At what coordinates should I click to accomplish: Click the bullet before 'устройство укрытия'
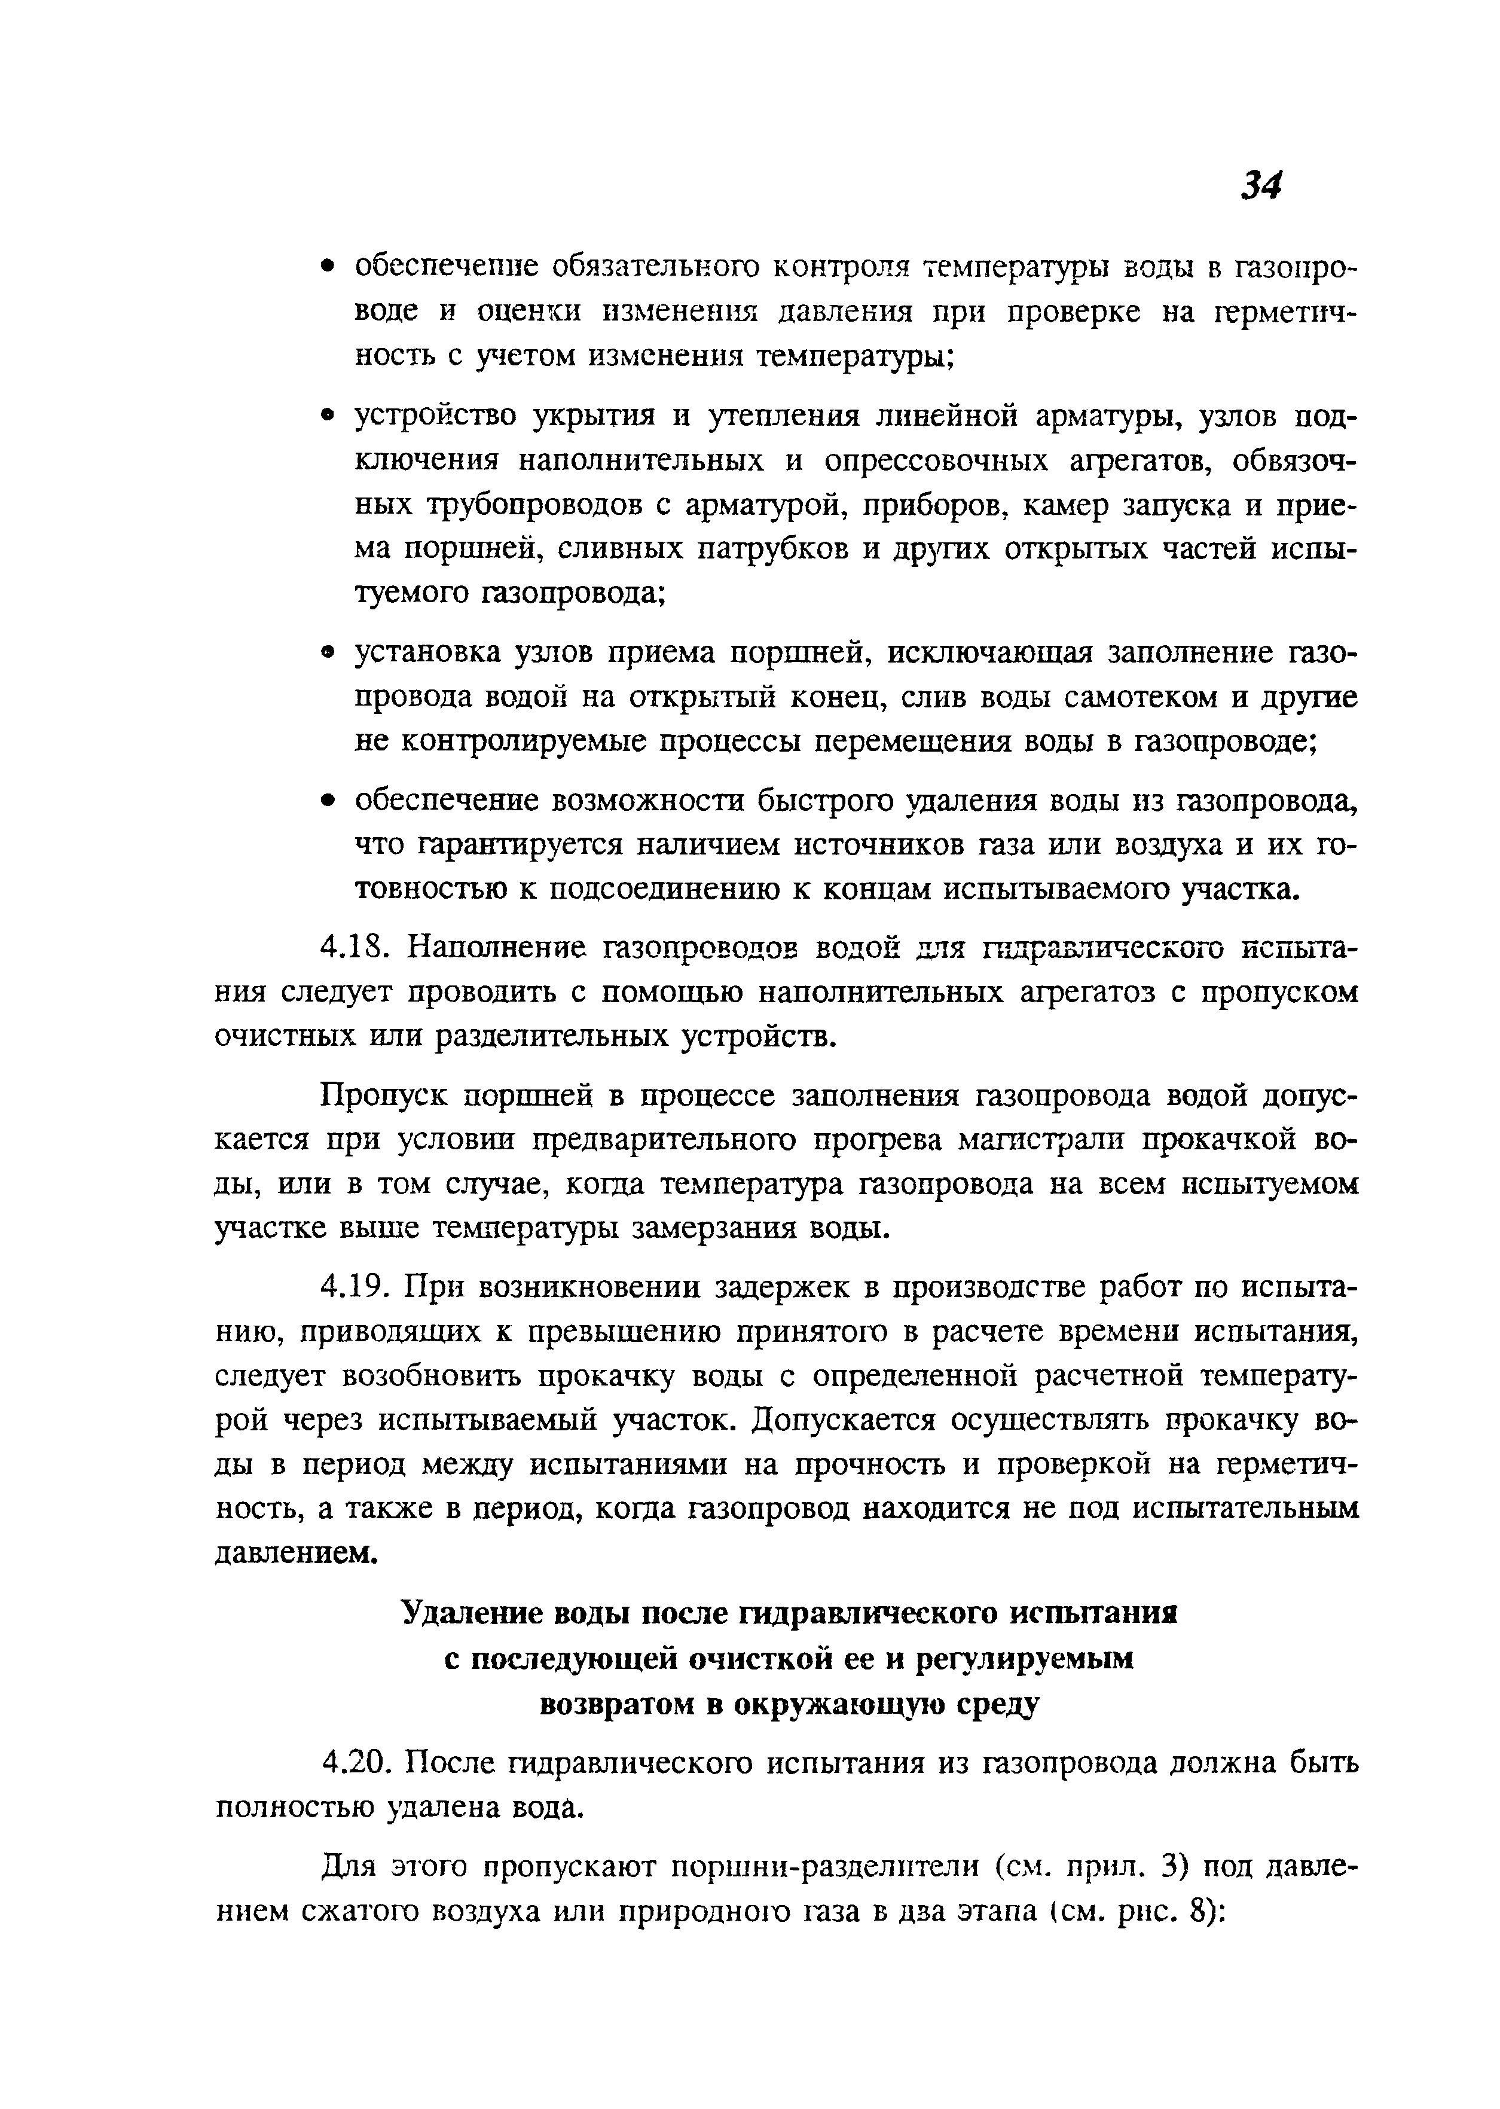tap(325, 417)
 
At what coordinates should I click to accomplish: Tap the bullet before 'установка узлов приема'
tap(325, 653)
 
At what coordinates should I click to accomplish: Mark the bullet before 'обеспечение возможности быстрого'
tap(325, 801)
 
